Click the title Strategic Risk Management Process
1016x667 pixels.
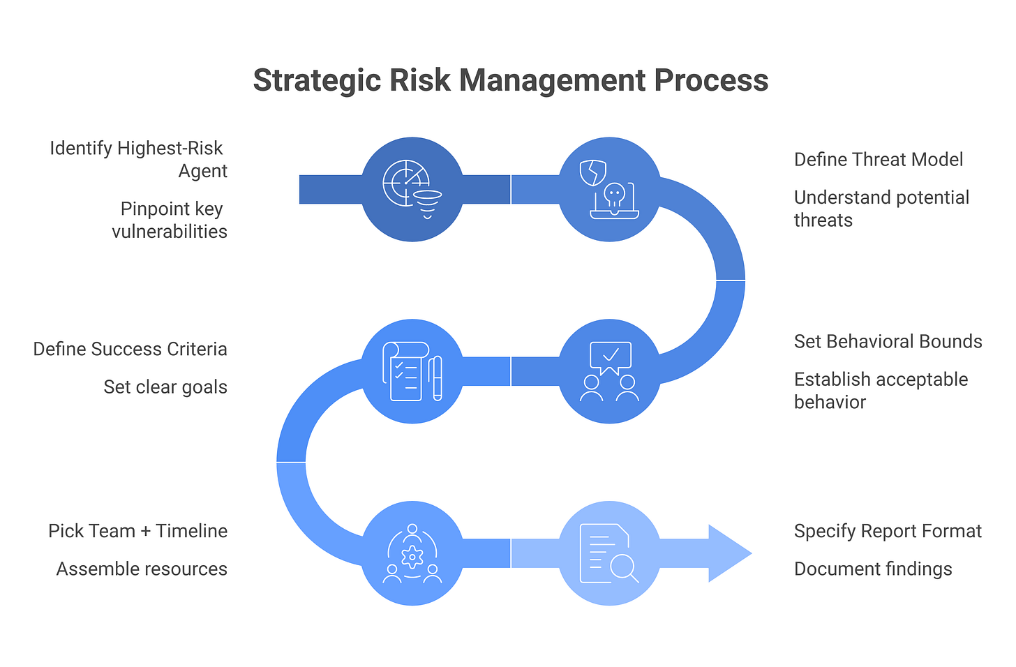click(510, 81)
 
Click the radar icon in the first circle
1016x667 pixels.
click(406, 183)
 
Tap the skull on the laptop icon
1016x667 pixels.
click(615, 196)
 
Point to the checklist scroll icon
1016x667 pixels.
click(406, 371)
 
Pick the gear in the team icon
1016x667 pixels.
click(412, 557)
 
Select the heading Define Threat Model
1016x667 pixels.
click(878, 160)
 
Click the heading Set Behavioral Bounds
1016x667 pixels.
click(888, 341)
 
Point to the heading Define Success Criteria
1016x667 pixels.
click(130, 349)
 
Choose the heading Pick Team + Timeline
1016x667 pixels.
click(138, 531)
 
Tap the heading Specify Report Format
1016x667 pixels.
click(888, 531)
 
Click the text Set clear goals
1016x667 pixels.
click(165, 387)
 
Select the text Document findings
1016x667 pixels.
click(873, 569)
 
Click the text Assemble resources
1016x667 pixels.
click(142, 569)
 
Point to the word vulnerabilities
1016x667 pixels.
click(170, 232)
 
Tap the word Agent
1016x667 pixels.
click(203, 172)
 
